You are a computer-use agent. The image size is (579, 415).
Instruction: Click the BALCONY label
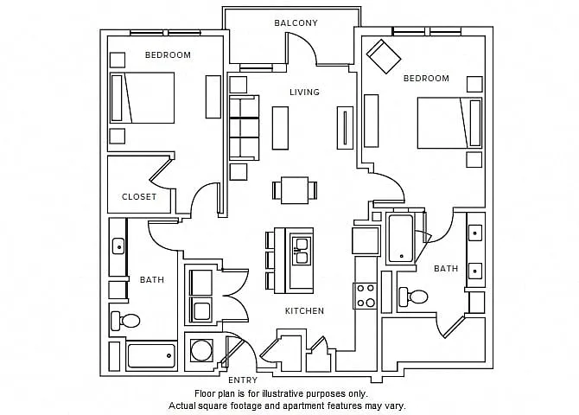(x=296, y=23)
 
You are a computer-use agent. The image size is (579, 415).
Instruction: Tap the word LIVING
(x=304, y=92)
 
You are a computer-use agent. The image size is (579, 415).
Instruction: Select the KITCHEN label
(x=304, y=310)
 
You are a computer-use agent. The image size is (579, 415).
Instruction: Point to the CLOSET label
(x=139, y=196)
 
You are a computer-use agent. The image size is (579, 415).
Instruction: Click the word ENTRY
(x=243, y=380)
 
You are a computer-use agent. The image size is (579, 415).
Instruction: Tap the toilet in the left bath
(x=125, y=321)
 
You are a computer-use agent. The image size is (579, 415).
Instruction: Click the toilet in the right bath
(x=413, y=297)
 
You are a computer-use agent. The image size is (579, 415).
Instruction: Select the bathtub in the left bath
(x=151, y=356)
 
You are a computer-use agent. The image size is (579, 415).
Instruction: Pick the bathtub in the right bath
(x=401, y=239)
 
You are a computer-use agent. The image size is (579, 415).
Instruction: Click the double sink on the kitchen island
(x=302, y=252)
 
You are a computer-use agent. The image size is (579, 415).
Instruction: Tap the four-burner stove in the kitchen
(x=366, y=296)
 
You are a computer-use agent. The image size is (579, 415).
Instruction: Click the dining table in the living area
(x=295, y=190)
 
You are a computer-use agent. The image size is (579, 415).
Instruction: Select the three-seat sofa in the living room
(x=244, y=128)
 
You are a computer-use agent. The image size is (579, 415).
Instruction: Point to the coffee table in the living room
(x=280, y=128)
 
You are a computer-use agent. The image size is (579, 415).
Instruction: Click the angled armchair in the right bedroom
(x=384, y=56)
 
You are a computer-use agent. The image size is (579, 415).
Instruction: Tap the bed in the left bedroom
(x=143, y=98)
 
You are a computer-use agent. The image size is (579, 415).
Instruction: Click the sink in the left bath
(x=118, y=246)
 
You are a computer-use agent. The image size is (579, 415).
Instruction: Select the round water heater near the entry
(x=201, y=350)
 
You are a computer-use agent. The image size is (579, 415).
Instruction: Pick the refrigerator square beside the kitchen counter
(x=366, y=241)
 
